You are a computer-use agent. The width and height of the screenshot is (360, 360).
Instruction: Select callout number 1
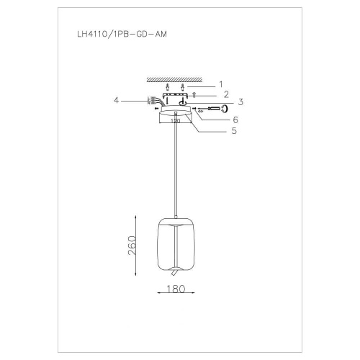click(x=222, y=84)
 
